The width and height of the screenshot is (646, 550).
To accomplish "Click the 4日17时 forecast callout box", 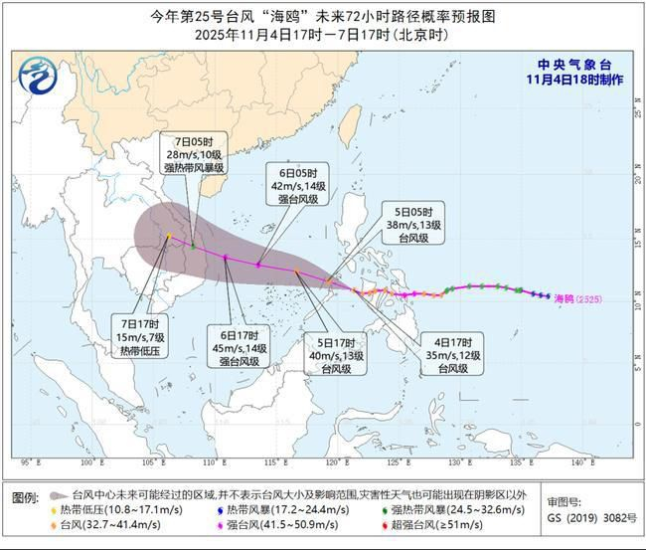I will pyautogui.click(x=451, y=354).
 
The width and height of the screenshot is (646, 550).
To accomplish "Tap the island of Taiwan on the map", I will pyautogui.click(x=349, y=125).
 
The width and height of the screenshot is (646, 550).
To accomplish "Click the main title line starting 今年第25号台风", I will pyautogui.click(x=322, y=16).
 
